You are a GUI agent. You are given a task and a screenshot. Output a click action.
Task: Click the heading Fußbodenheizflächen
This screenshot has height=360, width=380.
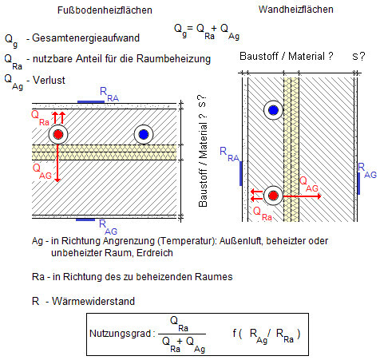[x=105, y=10]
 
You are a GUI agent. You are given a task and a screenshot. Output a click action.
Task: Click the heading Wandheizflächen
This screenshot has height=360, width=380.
[x=296, y=10]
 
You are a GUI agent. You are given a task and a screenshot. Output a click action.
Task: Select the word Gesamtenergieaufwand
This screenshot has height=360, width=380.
[x=85, y=38]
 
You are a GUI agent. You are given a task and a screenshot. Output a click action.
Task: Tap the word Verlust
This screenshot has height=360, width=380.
[x=49, y=80]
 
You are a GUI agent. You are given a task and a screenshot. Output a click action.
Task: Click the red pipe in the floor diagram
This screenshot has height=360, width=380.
[x=58, y=134]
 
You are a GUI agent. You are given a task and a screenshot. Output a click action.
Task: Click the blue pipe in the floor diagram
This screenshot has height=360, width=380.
[x=144, y=134]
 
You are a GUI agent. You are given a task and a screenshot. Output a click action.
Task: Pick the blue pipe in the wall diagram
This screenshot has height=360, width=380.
[x=273, y=110]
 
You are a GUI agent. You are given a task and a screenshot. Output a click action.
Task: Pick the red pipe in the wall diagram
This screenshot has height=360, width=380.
[x=273, y=196]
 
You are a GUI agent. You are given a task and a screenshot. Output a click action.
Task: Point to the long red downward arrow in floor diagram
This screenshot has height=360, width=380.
[x=57, y=163]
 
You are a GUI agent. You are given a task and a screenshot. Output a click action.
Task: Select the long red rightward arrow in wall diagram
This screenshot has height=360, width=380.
[x=302, y=196]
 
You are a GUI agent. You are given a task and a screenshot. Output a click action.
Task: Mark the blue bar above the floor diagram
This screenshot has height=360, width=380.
[x=91, y=102]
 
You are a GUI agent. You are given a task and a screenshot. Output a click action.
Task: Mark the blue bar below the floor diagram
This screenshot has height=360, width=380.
[x=85, y=220]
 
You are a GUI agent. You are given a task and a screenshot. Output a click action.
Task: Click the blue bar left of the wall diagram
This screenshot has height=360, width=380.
[x=241, y=173]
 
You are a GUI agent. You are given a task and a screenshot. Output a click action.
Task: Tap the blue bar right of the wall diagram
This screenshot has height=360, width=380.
[x=358, y=184]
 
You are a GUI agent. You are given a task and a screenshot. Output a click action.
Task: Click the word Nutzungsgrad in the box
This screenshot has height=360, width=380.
[x=121, y=334]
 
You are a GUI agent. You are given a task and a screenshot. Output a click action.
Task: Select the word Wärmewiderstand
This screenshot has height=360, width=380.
[x=93, y=301]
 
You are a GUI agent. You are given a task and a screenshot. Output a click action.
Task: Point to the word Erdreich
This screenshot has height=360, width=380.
[x=155, y=253]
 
